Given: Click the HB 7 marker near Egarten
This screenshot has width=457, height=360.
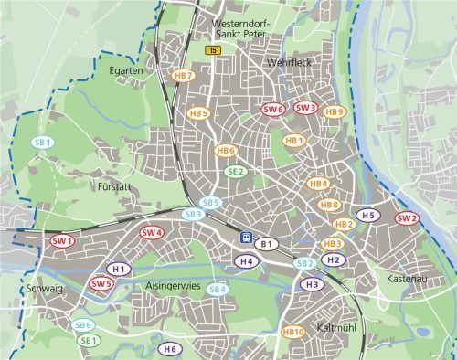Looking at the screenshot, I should click(184, 76).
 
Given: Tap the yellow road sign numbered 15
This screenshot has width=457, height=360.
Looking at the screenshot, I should click(212, 50).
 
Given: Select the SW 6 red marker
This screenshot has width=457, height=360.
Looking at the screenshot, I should click(273, 109).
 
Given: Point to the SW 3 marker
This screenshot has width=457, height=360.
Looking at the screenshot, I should click(305, 108).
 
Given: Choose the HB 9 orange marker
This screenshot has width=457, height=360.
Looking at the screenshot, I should click(335, 112).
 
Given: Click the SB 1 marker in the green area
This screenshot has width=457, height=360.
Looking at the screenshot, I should click(43, 143).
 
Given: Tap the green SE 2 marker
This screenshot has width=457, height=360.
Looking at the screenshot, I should click(236, 171).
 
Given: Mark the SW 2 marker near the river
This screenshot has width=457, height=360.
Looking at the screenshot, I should click(407, 218).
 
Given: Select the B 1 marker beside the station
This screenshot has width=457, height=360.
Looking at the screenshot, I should click(266, 243).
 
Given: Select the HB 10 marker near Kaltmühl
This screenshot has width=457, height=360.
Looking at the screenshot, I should click(293, 331).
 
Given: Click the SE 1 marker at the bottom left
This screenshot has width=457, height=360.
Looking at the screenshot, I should click(89, 340).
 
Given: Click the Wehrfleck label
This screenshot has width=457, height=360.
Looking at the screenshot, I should click(289, 63).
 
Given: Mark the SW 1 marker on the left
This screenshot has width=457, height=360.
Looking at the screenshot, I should click(62, 241).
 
